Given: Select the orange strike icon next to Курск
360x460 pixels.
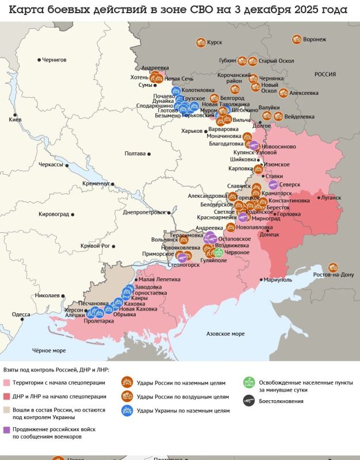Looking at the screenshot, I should click(201, 42).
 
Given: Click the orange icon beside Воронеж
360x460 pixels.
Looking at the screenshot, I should click(296, 40).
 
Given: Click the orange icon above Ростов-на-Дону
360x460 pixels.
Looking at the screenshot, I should click(332, 267).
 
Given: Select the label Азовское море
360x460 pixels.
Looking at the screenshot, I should click(225, 333).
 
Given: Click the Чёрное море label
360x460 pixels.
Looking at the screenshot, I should click(48, 350).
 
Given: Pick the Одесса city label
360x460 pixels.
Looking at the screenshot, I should click(21, 315).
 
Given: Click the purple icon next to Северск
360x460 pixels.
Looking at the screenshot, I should click(273, 185).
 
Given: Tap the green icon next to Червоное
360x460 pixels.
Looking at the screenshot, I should click(218, 252).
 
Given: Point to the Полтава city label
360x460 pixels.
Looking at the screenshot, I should click(135, 154).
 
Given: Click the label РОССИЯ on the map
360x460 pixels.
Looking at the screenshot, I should click(325, 75).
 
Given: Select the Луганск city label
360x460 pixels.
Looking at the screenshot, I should click(331, 197).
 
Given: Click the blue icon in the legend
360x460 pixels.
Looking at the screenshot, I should click(126, 410).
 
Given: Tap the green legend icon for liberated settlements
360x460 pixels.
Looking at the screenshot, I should click(248, 382).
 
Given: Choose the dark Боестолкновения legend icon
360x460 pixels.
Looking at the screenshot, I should click(248, 401).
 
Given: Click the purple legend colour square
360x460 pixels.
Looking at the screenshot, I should click(7, 429).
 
